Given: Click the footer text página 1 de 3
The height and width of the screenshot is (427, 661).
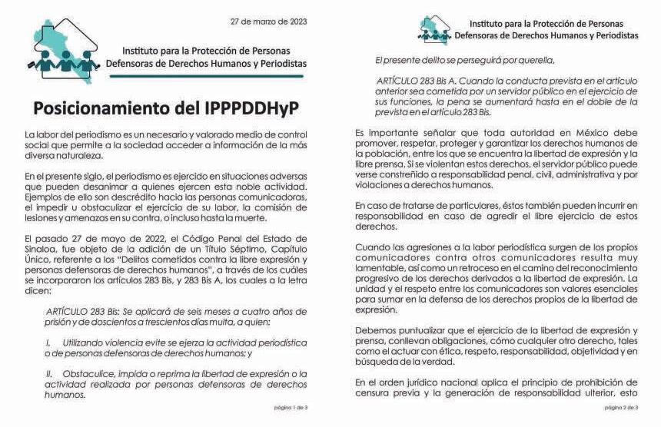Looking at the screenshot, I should (291, 406).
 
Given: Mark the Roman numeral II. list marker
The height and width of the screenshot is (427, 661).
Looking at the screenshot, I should (50, 374).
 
